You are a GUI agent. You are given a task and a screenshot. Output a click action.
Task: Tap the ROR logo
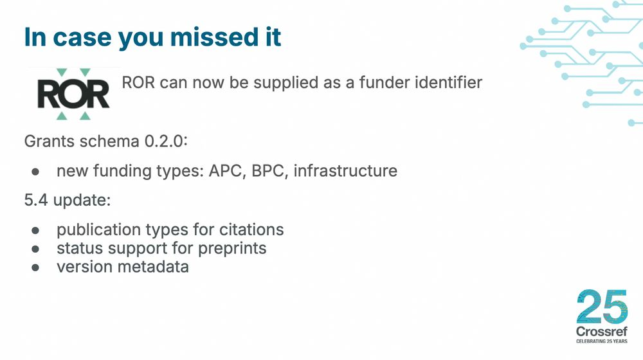click(73, 94)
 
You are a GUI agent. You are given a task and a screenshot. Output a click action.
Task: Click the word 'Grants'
click(49, 141)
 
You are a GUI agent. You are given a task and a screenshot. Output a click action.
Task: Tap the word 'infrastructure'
click(345, 171)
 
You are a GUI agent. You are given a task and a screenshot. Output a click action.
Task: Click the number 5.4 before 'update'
click(36, 200)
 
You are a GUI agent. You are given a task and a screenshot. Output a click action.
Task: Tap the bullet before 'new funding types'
click(35, 172)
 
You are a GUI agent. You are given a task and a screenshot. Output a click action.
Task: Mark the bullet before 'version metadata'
click(35, 267)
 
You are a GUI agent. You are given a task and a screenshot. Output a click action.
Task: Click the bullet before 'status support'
click(35, 248)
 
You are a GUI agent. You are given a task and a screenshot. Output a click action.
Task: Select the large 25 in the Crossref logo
click(602, 307)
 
